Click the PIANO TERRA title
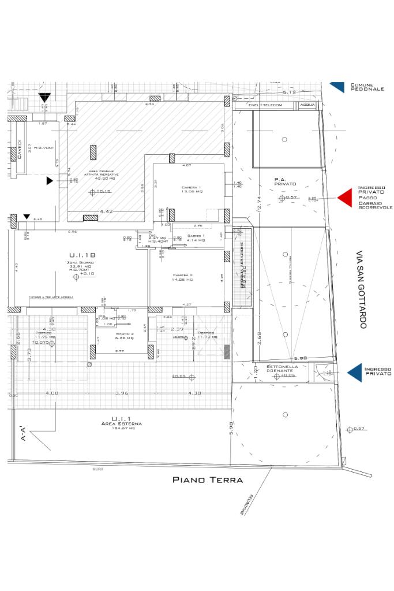(x=208, y=480)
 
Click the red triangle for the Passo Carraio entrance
(x=344, y=198)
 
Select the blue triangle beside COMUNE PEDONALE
(x=337, y=87)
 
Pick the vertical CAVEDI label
(x=20, y=149)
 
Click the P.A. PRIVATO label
(x=285, y=181)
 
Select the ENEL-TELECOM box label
(x=265, y=106)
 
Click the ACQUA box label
(x=307, y=106)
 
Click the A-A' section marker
(x=23, y=433)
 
